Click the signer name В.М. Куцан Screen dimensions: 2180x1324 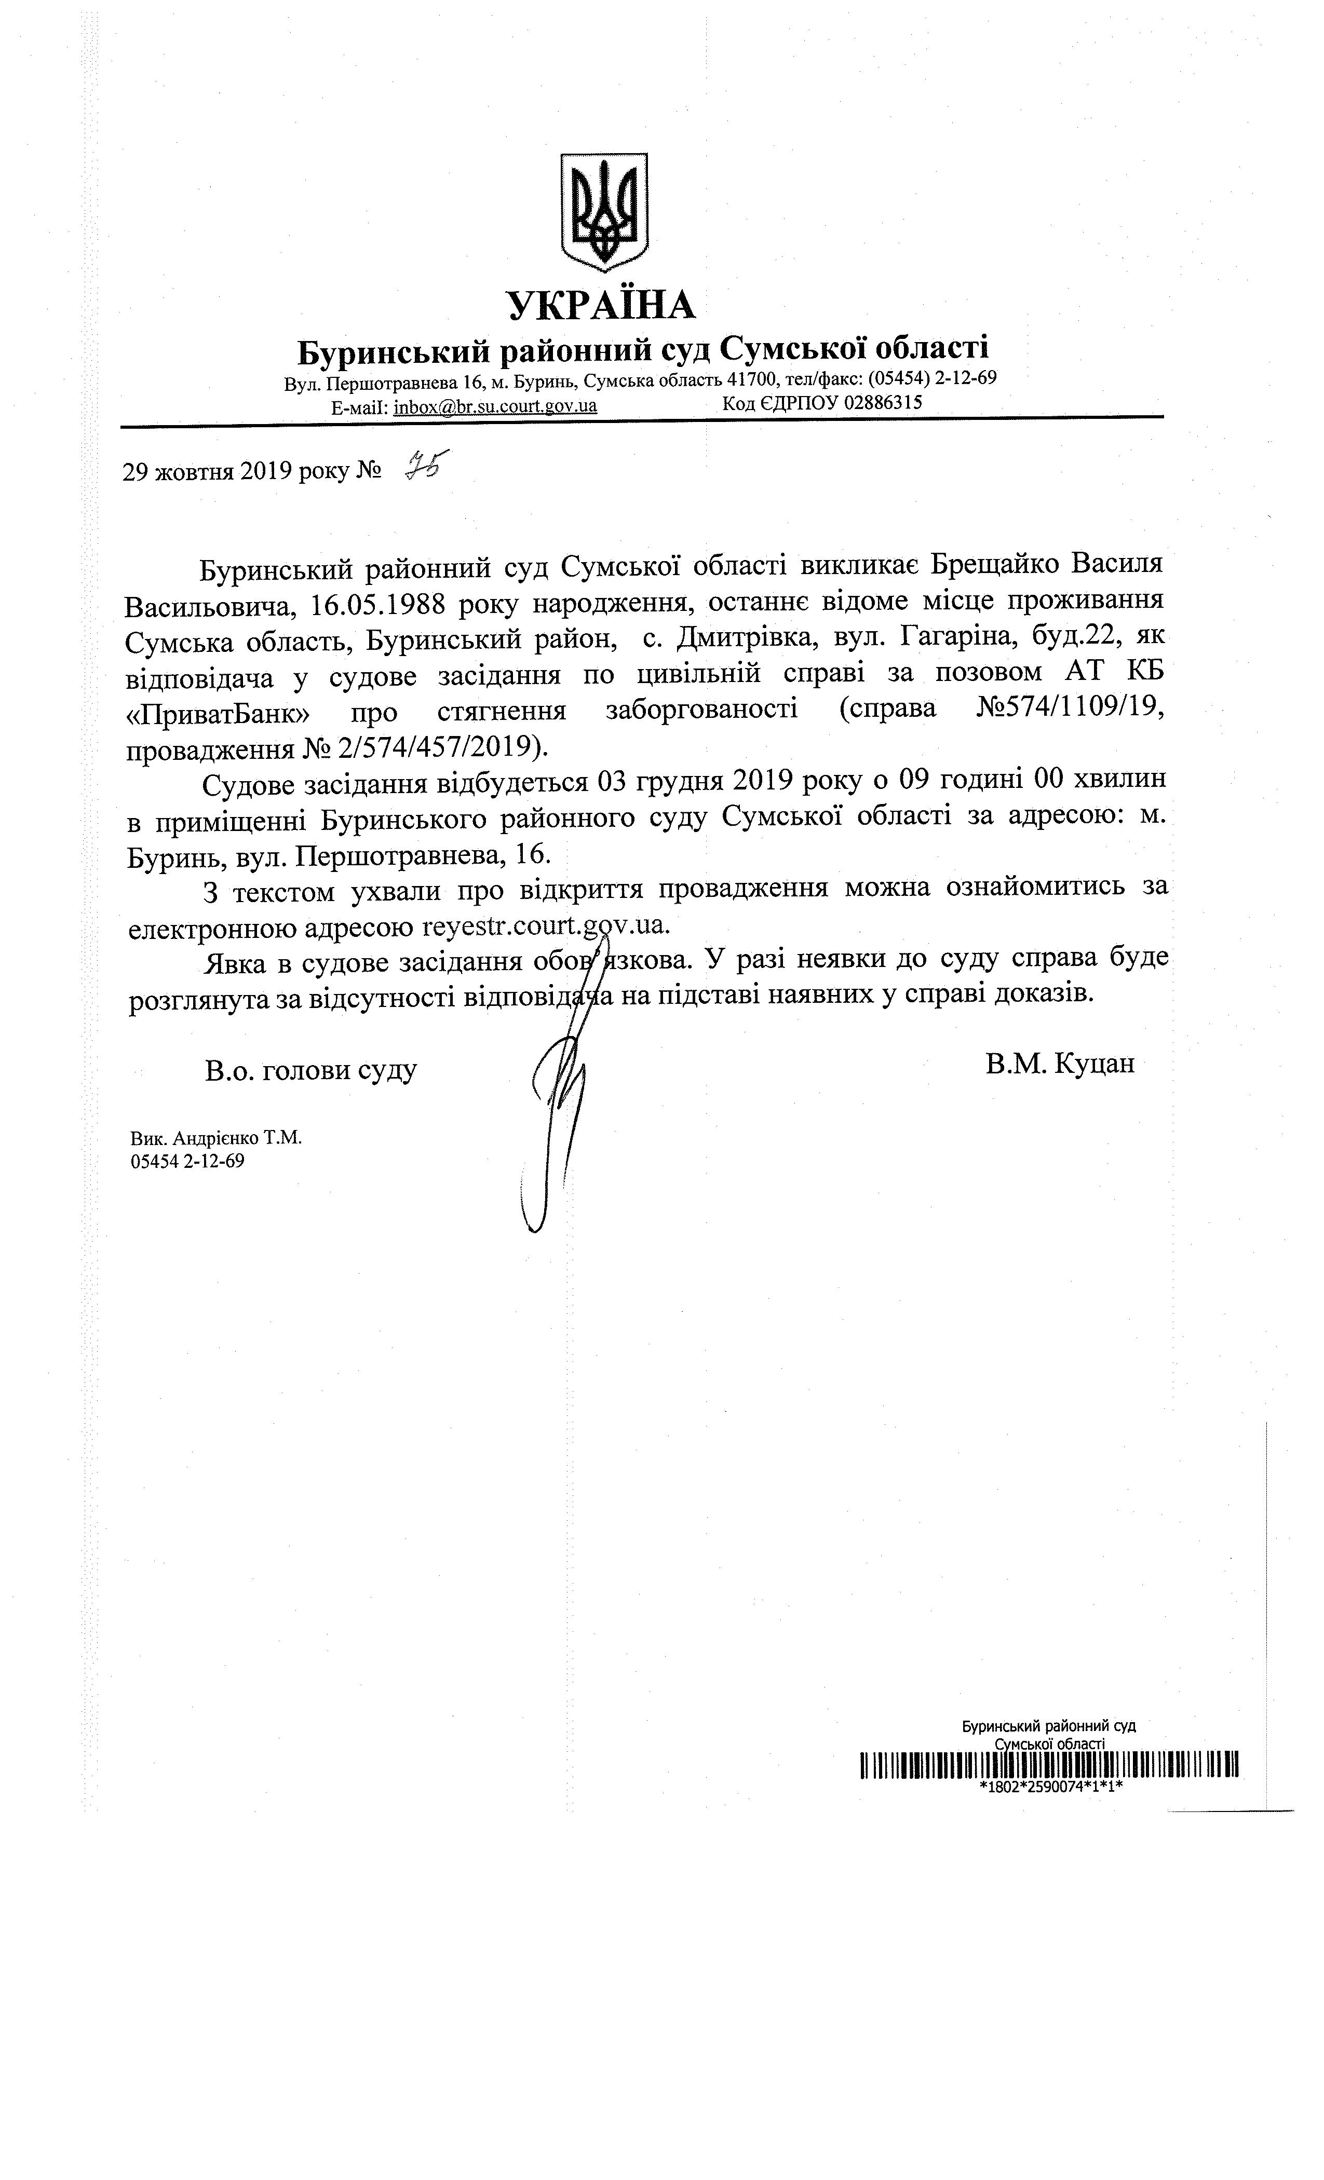pos(1059,1062)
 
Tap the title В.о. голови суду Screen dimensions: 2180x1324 pos(310,1070)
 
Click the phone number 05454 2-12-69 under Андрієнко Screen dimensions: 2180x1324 pos(187,1161)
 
